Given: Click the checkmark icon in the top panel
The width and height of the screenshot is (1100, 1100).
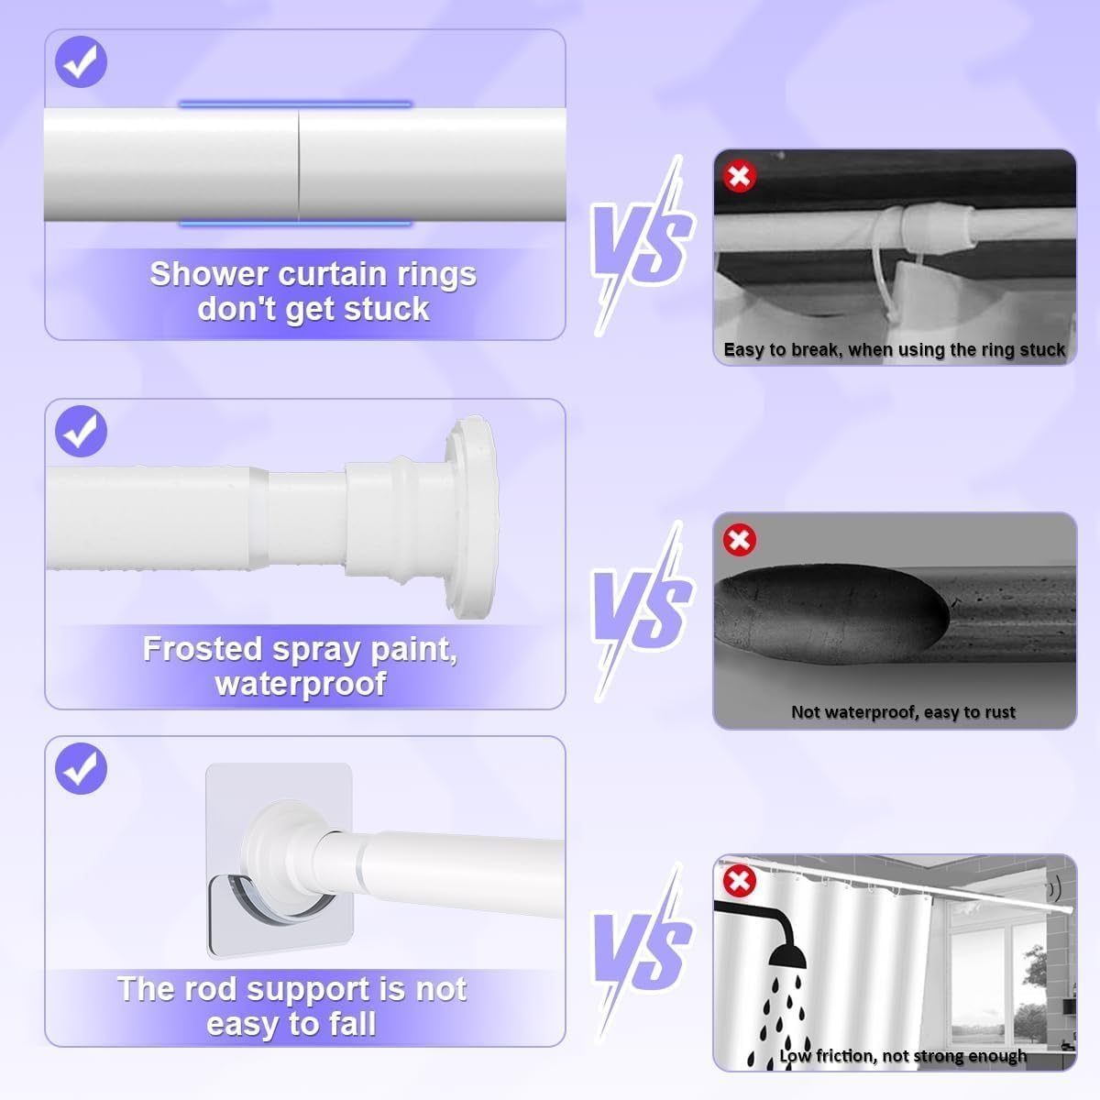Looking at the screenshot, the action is coord(81,61).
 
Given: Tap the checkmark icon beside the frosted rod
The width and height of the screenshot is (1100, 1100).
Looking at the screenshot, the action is coord(81,431).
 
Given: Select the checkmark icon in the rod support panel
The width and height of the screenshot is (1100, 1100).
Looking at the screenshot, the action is coord(81,768).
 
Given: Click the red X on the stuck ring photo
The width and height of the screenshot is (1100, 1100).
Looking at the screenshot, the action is coord(739,176).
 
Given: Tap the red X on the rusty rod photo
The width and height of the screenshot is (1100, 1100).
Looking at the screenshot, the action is coord(739,539).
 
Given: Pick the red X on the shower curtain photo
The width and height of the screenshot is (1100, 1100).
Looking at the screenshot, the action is coord(739,881).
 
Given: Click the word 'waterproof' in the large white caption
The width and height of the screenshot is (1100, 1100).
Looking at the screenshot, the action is coord(301,684).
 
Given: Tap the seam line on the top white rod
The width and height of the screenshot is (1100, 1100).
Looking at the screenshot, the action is coord(298,164).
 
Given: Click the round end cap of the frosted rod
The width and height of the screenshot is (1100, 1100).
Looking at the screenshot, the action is coord(472,517).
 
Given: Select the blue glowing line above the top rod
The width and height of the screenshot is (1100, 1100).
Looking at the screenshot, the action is coord(295,104).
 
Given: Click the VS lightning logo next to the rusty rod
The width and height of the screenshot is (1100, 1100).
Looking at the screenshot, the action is coord(643,610).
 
